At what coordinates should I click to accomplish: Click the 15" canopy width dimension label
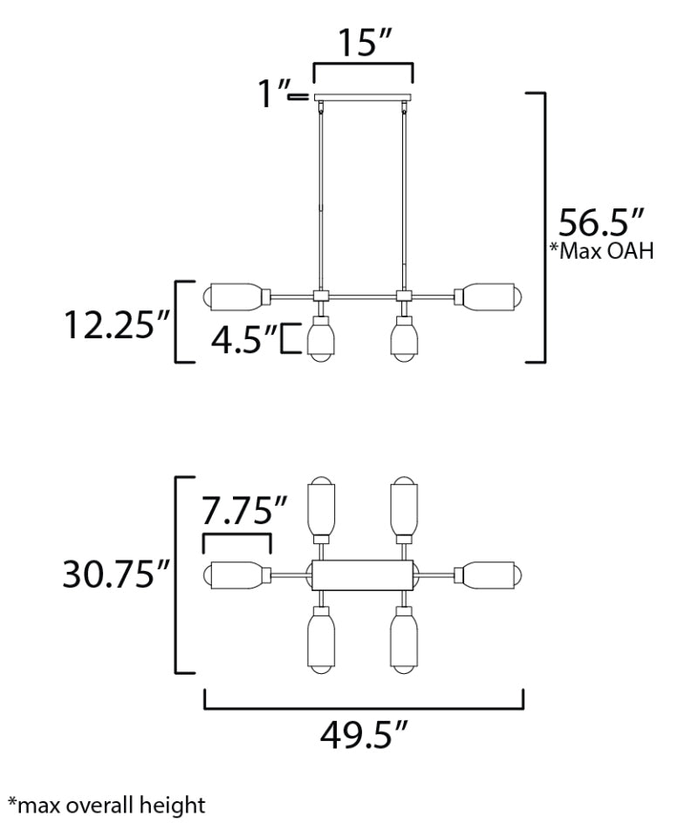[x=365, y=42]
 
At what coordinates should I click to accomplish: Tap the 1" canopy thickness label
[x=272, y=94]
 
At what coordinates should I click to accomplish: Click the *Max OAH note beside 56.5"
[x=602, y=251]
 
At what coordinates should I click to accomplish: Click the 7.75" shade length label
[x=245, y=511]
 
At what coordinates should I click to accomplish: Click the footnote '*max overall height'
[x=106, y=805]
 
